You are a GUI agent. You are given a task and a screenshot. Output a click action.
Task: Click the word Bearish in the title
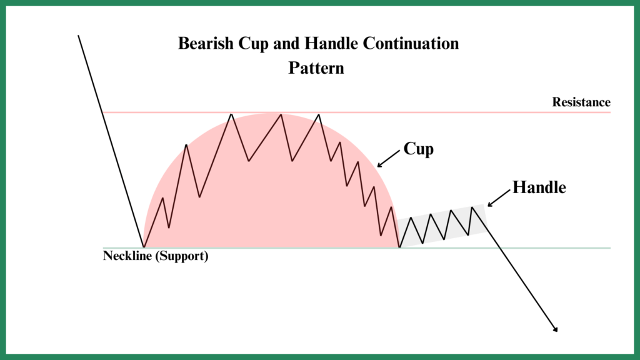coord(206,43)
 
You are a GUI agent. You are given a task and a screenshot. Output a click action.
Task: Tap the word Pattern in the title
coord(316,67)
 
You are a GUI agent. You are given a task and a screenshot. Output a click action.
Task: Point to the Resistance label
coord(581,102)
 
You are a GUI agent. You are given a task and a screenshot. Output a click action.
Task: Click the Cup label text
coord(418,149)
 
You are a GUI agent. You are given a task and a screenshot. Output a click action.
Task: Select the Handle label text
coord(539,187)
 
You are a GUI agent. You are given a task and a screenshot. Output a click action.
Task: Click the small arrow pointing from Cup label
coord(389,158)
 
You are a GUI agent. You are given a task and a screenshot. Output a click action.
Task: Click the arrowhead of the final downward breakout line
coord(556,329)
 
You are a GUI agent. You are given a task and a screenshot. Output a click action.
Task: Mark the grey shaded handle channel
coord(442,225)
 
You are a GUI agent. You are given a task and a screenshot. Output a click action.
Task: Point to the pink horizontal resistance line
coord(357,112)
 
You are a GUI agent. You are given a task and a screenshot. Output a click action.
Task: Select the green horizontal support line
coord(357,247)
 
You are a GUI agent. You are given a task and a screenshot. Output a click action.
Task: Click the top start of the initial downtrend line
coord(78,36)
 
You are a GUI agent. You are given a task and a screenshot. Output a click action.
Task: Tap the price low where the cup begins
coord(144,247)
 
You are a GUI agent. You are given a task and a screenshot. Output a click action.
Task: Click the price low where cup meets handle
coord(399,247)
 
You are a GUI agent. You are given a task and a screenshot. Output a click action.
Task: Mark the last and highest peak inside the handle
coord(472,207)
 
